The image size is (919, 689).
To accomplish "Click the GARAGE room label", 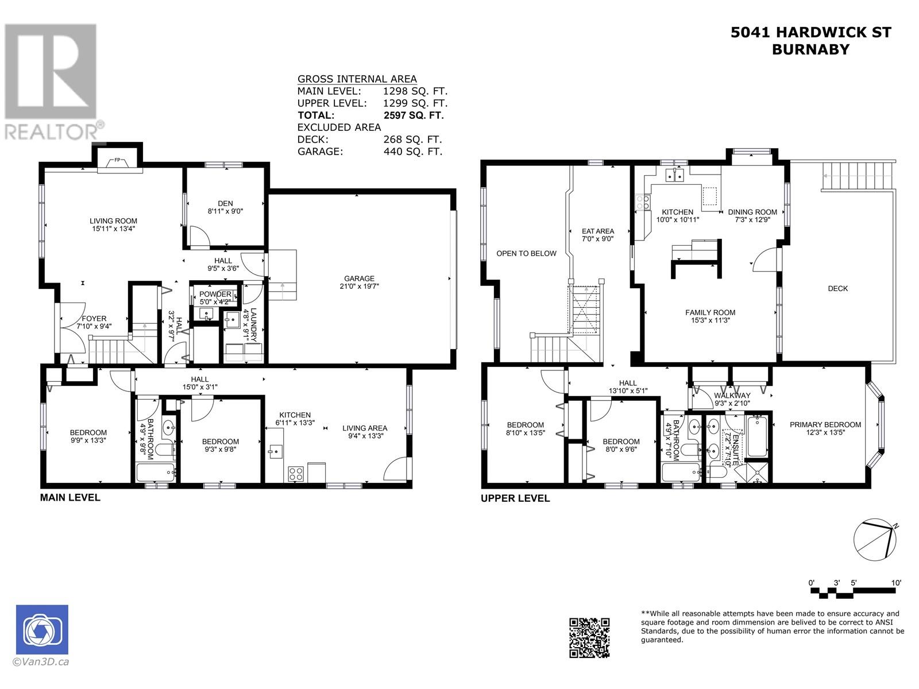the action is [359, 278].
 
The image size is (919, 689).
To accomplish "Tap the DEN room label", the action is [225, 204].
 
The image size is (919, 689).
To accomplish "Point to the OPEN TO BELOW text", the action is [526, 254].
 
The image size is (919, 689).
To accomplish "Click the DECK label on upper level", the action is [837, 289].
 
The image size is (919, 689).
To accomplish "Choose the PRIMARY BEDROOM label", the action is [825, 425].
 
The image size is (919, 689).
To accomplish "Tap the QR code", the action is [589, 637].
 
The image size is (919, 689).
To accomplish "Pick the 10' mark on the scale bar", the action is [896, 583].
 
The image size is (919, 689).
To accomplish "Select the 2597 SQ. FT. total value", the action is [413, 115].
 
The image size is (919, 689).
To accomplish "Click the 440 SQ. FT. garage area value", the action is [413, 152].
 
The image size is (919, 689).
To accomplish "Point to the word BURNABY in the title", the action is [811, 49].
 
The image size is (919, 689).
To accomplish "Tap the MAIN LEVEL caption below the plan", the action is [70, 498].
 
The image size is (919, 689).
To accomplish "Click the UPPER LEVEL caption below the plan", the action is [515, 498].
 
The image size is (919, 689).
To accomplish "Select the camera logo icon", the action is [43, 629].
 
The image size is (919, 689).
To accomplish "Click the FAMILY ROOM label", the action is [710, 312].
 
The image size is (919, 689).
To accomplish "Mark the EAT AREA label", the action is [598, 231].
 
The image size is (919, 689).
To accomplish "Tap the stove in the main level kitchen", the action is [296, 474].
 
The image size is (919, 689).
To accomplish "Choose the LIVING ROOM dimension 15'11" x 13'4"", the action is [113, 229].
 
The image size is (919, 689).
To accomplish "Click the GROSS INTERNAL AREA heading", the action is [357, 79].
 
